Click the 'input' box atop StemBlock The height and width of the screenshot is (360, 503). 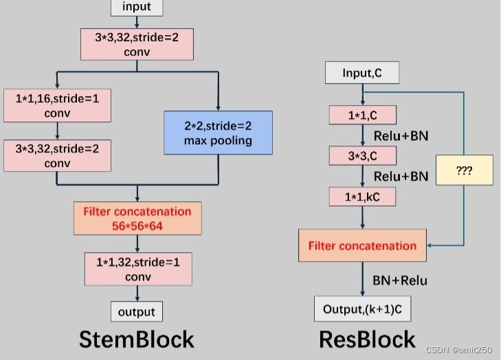[x=137, y=8]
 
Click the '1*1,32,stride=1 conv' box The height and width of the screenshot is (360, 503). [x=137, y=268]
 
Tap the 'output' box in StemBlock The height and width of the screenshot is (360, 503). [x=137, y=311]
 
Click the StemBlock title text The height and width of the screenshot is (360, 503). [x=137, y=339]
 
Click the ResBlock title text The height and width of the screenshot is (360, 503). [x=367, y=339]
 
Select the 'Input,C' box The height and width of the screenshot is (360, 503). [x=361, y=73]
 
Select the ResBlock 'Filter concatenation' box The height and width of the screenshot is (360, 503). [x=362, y=245]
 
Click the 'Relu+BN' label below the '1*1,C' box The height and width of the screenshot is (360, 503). [x=401, y=135]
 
